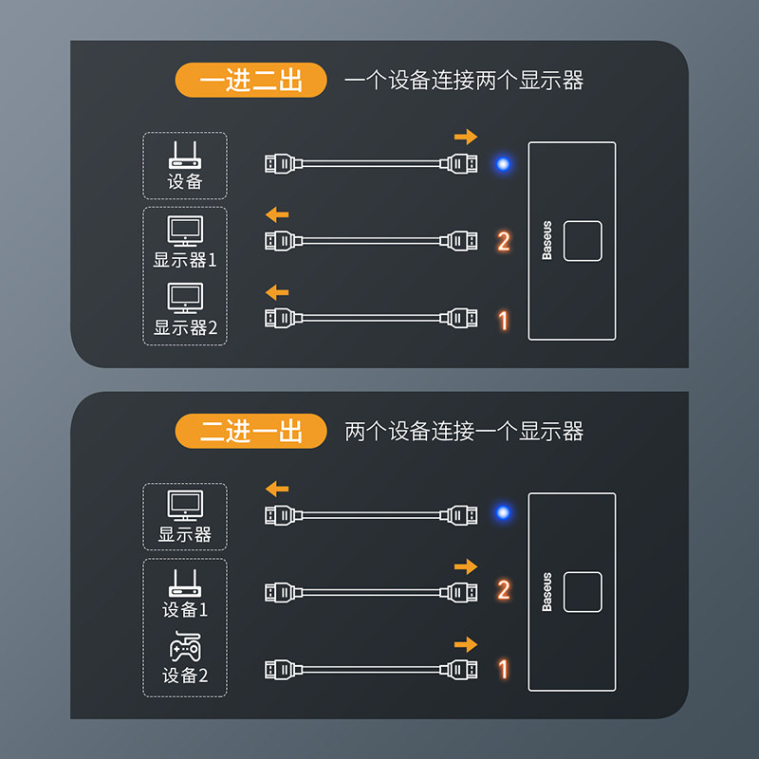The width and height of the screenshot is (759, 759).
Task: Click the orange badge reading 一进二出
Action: [x=250, y=80]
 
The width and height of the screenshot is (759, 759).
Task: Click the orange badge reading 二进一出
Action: [x=250, y=431]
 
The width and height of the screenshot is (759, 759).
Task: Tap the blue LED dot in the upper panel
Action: [x=503, y=164]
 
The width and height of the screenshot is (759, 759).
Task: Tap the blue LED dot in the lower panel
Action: [x=503, y=512]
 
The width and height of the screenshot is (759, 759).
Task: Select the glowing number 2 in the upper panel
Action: [x=504, y=241]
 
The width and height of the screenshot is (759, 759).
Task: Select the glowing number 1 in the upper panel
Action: [x=504, y=321]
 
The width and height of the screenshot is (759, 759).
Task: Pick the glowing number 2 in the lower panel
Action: [x=504, y=589]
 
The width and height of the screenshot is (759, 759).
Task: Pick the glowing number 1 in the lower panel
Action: [x=504, y=670]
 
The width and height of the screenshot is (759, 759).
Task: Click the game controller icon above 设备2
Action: [x=185, y=646]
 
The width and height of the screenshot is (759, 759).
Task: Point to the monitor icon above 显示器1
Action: [x=185, y=231]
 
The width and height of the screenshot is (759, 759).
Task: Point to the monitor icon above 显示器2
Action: [x=185, y=298]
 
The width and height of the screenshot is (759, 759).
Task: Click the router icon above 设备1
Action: [x=185, y=583]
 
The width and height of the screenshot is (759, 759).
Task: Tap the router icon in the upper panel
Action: [x=185, y=155]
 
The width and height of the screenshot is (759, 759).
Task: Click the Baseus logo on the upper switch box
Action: [x=547, y=241]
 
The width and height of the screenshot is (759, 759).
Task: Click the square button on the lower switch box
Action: [x=583, y=592]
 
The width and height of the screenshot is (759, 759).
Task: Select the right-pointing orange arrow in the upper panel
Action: [x=466, y=137]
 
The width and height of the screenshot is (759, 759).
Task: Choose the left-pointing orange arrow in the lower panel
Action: [x=277, y=489]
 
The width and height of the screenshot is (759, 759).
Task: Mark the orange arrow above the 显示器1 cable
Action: [x=277, y=214]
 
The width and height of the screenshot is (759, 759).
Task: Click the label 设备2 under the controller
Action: [x=185, y=676]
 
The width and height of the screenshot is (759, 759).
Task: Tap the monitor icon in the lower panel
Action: [x=185, y=506]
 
